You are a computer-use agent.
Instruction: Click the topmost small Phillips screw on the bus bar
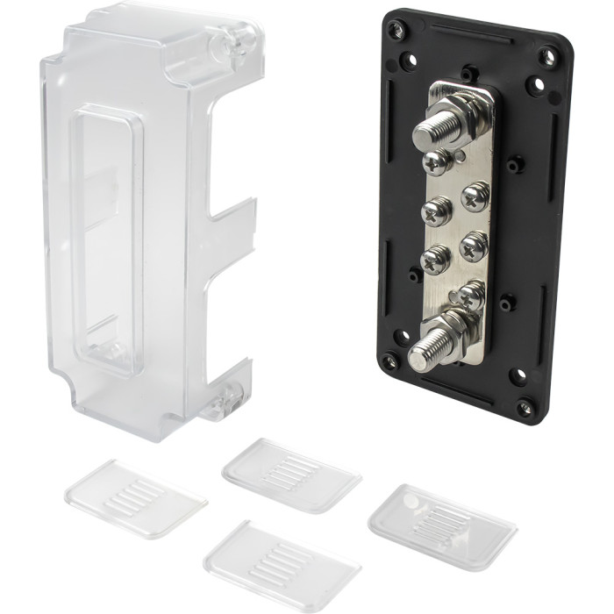(437, 162)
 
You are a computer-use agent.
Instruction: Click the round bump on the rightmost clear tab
(410, 501)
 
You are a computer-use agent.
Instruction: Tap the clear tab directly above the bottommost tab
(290, 474)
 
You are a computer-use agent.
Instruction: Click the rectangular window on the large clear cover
(104, 240)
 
